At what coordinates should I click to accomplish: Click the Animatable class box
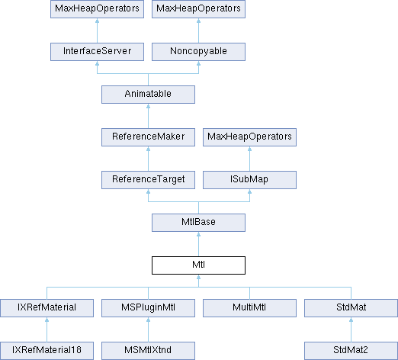tap(148, 95)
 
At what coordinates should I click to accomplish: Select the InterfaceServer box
tap(97, 52)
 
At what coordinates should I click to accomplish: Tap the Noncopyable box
tap(198, 52)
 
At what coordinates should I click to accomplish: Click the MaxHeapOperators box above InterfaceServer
tap(97, 9)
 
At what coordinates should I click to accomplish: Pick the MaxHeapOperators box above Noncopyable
tap(198, 9)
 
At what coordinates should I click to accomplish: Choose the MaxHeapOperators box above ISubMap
tap(249, 137)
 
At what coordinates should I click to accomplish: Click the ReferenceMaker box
tap(148, 137)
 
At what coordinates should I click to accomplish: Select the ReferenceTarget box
tap(148, 180)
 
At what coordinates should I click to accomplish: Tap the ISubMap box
tap(249, 180)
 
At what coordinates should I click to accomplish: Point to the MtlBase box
tap(198, 223)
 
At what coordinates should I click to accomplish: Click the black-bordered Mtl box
tap(198, 265)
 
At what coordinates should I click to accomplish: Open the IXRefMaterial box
tap(47, 308)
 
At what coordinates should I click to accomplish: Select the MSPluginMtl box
tap(148, 308)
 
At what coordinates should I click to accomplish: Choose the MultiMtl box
tap(249, 308)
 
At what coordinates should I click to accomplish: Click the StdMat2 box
tap(351, 351)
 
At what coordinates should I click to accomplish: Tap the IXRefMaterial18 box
tap(47, 351)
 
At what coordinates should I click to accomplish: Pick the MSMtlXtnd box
tap(148, 351)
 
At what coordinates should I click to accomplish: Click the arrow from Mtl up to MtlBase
tap(198, 244)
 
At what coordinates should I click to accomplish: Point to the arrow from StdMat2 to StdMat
tap(351, 329)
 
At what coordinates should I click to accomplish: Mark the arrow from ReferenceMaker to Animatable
tap(148, 116)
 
